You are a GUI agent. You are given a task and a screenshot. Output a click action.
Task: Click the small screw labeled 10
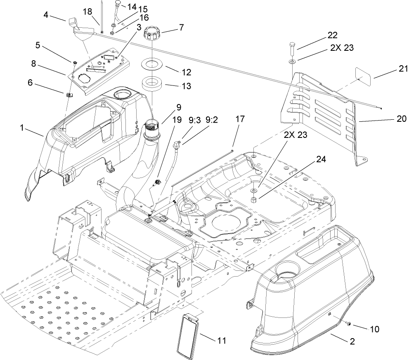click(x=350, y=325)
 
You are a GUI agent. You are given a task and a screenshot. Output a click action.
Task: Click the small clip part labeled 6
click(x=69, y=95)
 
